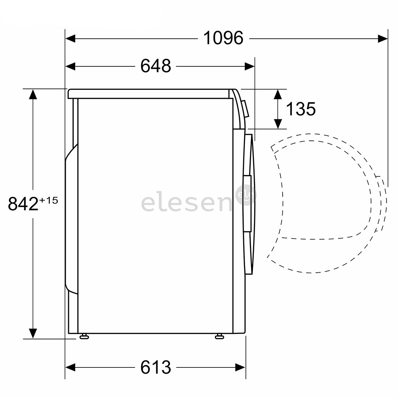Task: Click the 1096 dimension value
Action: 223,38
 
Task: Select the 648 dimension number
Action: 156,66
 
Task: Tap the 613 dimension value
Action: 156,367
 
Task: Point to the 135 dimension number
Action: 301,109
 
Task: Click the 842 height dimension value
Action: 23,204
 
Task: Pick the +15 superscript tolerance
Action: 49,200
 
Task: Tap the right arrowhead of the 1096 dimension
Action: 383,38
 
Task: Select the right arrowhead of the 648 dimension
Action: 250,67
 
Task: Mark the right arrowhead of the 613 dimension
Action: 241,367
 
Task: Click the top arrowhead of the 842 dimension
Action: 33,94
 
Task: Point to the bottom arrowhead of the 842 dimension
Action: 33,333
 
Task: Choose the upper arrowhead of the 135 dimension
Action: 278,94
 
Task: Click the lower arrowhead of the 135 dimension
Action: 278,124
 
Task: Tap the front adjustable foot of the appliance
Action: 220,336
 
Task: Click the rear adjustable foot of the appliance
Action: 84,336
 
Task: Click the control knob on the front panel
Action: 245,109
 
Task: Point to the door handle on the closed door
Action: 247,203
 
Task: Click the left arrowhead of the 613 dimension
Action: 70,367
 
